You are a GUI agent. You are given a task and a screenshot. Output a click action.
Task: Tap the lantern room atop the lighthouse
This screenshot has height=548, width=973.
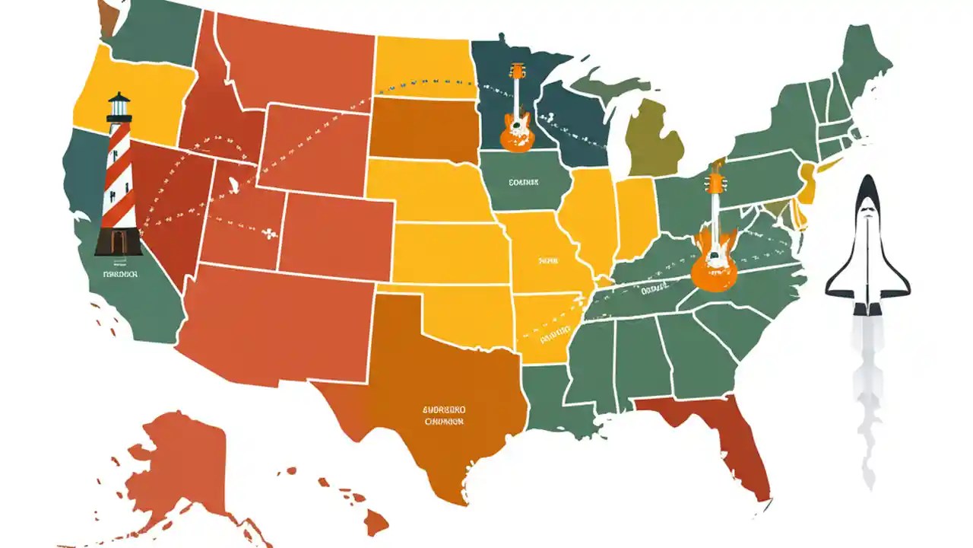pos(119,109)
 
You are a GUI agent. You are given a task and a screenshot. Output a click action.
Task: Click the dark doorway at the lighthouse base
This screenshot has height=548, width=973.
pos(118,241)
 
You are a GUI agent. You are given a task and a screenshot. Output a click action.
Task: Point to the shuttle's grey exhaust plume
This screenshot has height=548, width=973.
pos(867,396)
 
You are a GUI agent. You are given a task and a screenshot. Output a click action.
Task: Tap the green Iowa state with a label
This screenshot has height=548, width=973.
pos(525,183)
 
